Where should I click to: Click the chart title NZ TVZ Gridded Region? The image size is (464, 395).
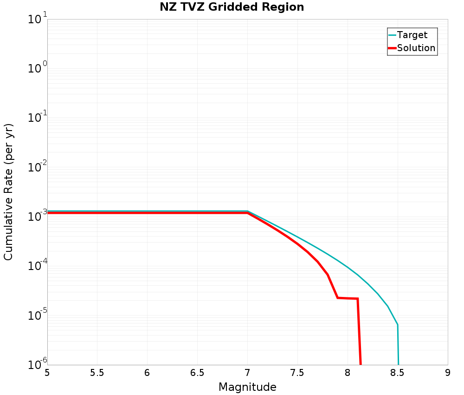tap(232, 7)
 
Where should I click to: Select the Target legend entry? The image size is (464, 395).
tap(412, 35)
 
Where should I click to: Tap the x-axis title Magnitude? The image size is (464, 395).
tap(247, 387)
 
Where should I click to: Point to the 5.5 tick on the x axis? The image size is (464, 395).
tap(97, 373)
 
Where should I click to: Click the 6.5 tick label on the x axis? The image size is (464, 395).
tap(197, 373)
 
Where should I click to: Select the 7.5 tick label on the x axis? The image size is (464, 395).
tap(297, 373)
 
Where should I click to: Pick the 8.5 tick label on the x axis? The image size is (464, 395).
tap(398, 373)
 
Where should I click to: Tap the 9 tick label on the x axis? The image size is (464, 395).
tap(448, 373)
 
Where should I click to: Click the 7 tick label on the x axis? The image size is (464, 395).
tap(247, 373)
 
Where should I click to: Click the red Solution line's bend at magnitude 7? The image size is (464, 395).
tap(247, 213)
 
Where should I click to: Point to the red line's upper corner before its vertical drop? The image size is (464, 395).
tap(357, 299)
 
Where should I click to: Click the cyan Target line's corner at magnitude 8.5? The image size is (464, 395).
tap(398, 325)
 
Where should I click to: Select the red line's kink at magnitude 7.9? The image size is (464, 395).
tap(337, 298)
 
